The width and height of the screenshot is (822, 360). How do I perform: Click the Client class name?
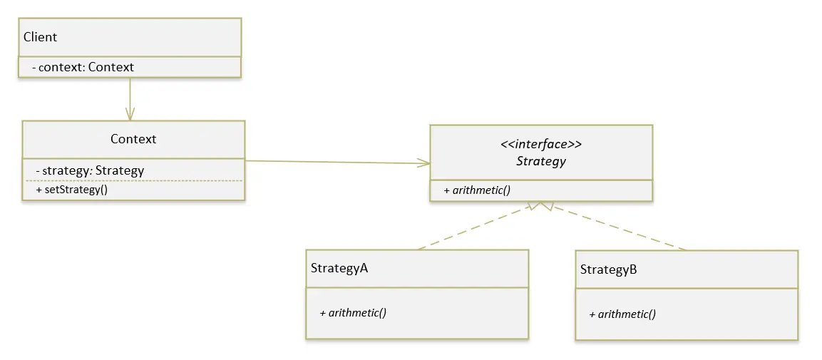pyautogui.click(x=40, y=37)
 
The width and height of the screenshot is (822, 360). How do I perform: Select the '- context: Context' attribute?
pyautogui.click(x=83, y=67)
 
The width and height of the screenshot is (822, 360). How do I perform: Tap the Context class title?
pyautogui.click(x=133, y=139)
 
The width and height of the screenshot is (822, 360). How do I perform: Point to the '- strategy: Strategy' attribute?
pyautogui.click(x=90, y=170)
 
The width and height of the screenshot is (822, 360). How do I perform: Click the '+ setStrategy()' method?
pyautogui.click(x=71, y=190)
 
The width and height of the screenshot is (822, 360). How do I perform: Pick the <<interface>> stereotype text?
pyautogui.click(x=541, y=144)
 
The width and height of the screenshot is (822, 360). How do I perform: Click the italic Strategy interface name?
pyautogui.click(x=541, y=161)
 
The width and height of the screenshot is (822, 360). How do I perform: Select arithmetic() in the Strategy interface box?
pyautogui.click(x=478, y=190)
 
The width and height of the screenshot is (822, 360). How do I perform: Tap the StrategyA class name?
pyautogui.click(x=339, y=268)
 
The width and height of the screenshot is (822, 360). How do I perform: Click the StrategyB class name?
pyautogui.click(x=608, y=269)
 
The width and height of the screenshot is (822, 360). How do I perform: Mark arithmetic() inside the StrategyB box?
pyautogui.click(x=622, y=314)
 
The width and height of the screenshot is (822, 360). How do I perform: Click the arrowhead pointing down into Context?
pyautogui.click(x=130, y=114)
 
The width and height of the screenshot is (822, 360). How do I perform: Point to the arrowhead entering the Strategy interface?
pyautogui.click(x=424, y=163)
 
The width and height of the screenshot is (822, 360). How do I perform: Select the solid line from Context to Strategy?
pyautogui.click(x=335, y=162)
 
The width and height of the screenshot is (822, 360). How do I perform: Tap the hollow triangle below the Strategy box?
pyautogui.click(x=542, y=207)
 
